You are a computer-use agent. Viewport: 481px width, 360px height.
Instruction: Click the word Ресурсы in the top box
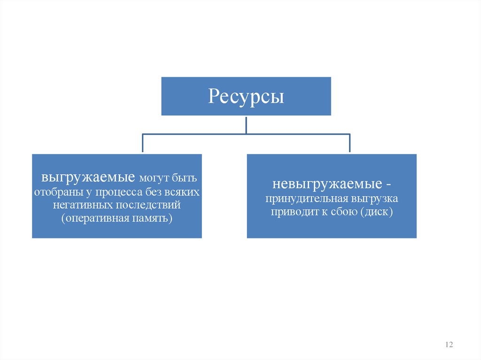246,97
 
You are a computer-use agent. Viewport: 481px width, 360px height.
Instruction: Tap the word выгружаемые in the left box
88,178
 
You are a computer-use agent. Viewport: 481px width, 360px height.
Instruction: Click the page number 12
449,345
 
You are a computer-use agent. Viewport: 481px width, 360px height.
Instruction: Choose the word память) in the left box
155,218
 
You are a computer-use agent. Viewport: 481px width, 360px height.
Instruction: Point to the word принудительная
302,199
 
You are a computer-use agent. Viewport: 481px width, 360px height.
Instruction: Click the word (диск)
377,212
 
